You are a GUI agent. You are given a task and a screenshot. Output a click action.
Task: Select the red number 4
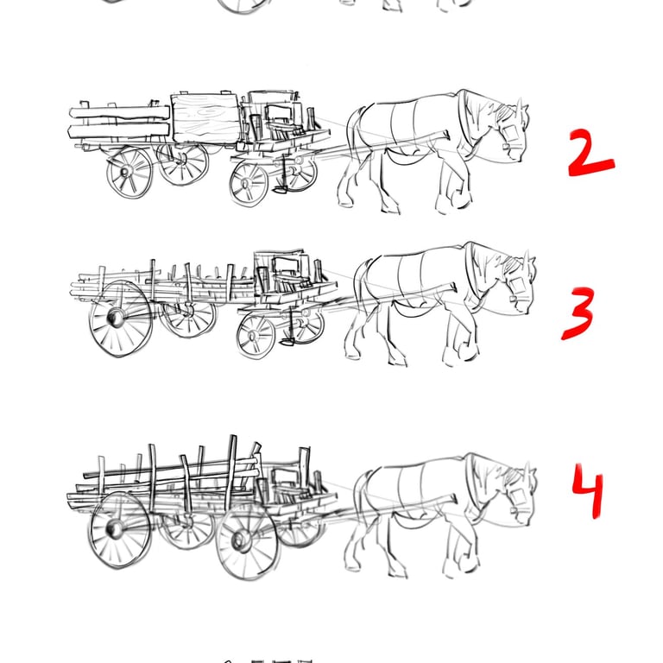(x=588, y=490)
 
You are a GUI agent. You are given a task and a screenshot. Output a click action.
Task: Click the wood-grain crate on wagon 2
(x=205, y=118)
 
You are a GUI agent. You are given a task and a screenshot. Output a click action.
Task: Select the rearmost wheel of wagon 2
(x=129, y=173)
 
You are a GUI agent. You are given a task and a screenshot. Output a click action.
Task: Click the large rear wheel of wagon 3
(x=120, y=318)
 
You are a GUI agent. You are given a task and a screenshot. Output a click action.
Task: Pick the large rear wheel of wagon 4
(x=119, y=529)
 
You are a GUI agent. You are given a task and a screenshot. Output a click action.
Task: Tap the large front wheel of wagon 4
(x=247, y=541)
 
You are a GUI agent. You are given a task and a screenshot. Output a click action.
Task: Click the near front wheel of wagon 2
(x=249, y=184)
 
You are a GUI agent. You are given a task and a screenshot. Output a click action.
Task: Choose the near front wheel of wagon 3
(x=256, y=336)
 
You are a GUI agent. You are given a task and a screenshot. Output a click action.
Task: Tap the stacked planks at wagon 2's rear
(x=119, y=122)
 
